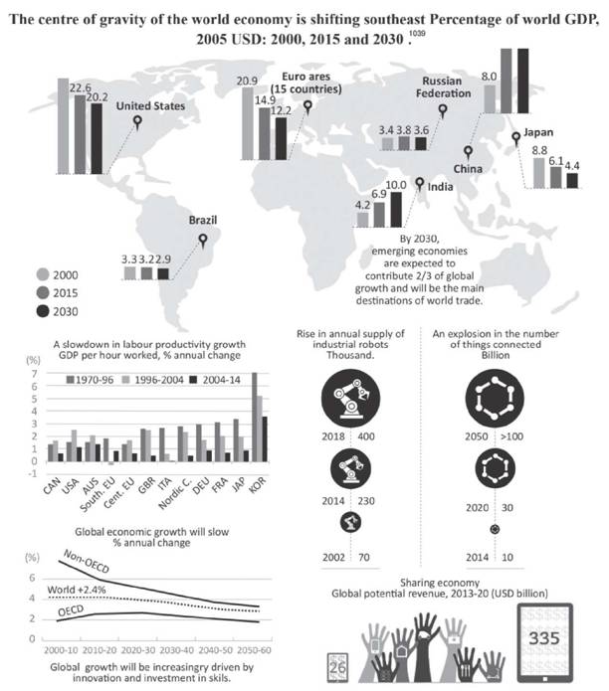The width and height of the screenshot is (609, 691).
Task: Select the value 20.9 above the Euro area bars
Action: [248, 80]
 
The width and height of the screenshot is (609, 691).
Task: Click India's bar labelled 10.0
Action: [395, 209]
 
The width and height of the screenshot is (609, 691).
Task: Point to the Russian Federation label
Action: [445, 86]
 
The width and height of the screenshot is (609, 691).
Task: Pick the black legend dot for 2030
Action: [44, 312]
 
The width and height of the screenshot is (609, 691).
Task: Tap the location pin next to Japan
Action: [515, 137]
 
